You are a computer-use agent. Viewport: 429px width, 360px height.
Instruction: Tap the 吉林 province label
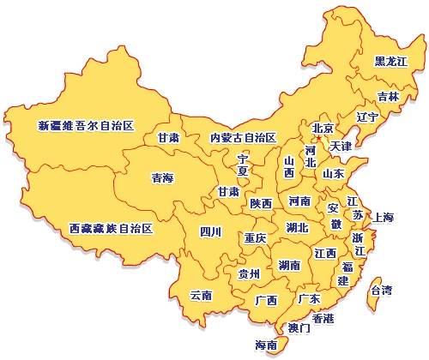pos(388,97)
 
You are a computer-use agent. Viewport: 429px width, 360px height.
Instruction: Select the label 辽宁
pos(366,117)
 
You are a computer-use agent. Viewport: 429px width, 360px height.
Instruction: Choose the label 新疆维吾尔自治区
pos(86,126)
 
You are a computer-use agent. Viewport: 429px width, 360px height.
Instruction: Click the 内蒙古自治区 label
pos(243,137)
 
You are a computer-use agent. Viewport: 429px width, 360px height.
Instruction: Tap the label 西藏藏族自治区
pos(111,229)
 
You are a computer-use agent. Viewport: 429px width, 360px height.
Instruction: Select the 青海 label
pos(162,178)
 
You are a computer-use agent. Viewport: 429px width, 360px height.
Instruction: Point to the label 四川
pos(210,231)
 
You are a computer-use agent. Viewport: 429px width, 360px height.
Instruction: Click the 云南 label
pos(201,295)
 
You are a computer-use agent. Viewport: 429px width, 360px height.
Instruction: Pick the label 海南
pos(267,345)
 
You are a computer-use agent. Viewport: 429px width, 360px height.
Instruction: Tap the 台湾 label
pos(380,290)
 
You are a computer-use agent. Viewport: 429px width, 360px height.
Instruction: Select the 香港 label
pos(323,318)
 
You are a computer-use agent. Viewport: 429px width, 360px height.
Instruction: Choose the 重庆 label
pos(255,237)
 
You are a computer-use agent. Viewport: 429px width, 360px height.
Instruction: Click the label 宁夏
pos(243,165)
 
